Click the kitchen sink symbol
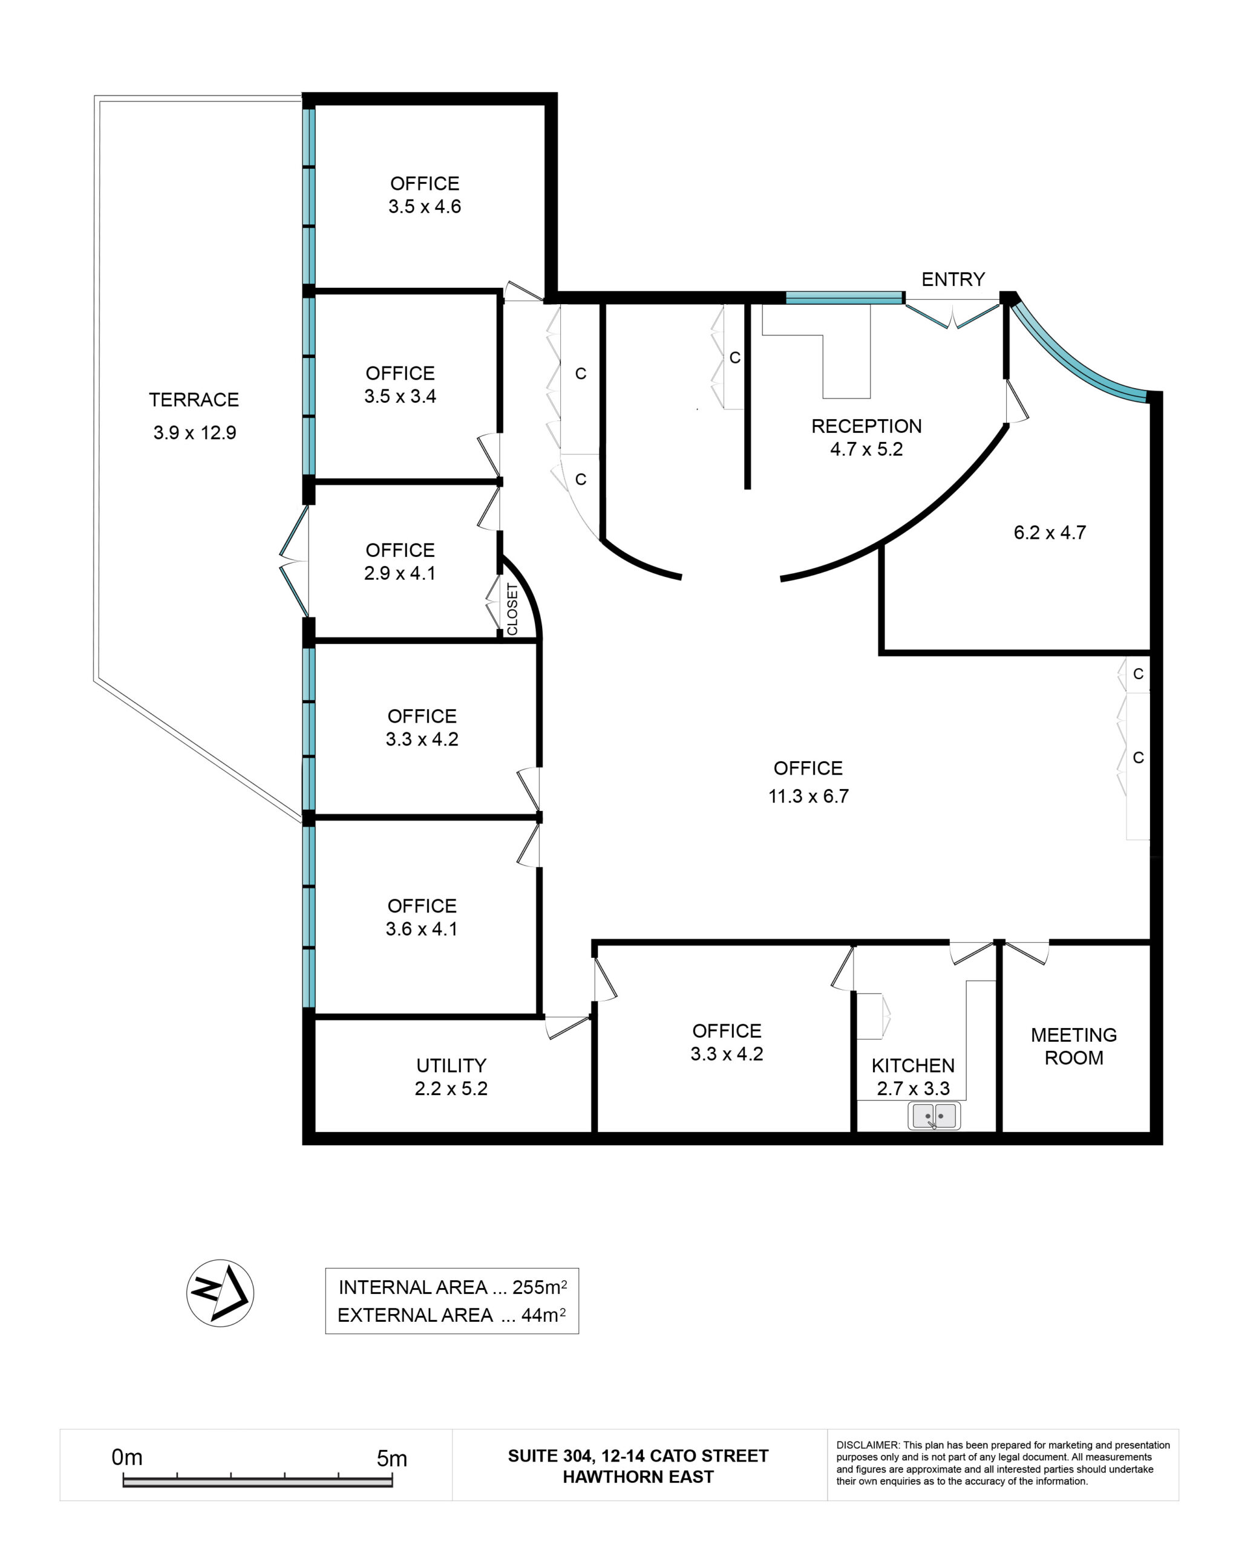(933, 1116)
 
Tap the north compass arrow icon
(220, 1293)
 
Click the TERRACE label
(194, 400)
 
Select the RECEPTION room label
(866, 426)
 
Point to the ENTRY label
(953, 279)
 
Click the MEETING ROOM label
(1074, 1046)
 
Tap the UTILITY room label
(451, 1065)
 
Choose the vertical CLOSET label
(512, 609)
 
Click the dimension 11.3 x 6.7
(808, 796)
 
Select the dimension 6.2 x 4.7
(1050, 533)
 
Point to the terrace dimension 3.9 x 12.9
(195, 433)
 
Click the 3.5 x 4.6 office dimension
(425, 207)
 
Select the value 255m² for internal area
(540, 1287)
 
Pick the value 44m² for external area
(543, 1315)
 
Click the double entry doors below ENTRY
(952, 314)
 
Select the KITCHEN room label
(913, 1065)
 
